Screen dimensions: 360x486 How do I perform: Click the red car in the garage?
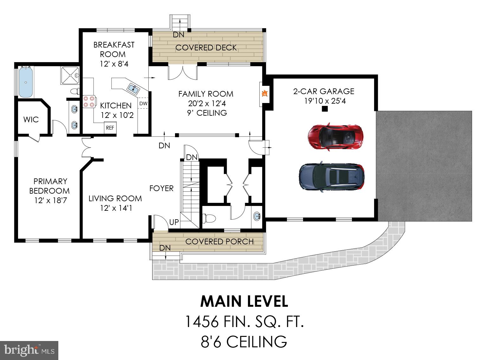335,136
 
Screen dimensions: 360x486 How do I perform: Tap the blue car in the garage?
332,177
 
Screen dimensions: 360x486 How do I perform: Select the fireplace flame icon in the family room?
264,93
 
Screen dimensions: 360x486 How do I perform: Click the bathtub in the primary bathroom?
26,82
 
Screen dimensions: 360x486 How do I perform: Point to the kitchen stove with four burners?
89,101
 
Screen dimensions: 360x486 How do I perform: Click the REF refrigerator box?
110,128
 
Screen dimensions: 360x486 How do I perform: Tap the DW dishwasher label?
143,103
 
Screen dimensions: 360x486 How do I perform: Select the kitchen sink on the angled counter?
133,88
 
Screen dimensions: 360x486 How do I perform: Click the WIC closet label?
31,119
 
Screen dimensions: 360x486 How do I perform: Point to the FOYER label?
161,188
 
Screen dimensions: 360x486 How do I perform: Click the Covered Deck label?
206,48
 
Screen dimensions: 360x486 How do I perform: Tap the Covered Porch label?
219,241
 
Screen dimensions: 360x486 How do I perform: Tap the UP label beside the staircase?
174,222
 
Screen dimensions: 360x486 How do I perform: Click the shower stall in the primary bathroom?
70,75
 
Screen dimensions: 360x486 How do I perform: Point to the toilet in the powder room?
209,218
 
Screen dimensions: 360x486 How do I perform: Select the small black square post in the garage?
324,109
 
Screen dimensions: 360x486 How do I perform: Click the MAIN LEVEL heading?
244,301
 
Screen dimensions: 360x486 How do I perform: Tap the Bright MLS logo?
29,350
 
